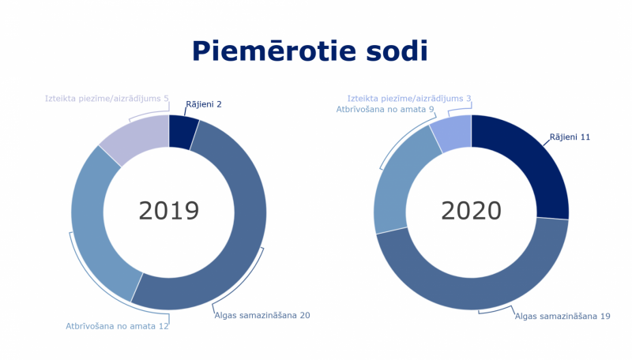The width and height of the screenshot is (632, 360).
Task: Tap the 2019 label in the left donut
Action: pos(168,211)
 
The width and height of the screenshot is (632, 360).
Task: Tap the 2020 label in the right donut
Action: pos(471,211)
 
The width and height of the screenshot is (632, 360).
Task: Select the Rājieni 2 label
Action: pos(204,104)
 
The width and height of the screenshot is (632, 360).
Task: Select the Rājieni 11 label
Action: pos(570,137)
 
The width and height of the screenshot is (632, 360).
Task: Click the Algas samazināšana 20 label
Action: pos(261,315)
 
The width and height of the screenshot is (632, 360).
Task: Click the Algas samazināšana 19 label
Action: pos(562,316)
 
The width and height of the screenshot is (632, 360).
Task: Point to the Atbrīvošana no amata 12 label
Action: pos(117,325)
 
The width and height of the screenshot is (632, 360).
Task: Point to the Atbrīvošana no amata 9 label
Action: pos(385,110)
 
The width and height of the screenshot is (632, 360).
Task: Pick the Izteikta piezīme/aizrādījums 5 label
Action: pos(107,99)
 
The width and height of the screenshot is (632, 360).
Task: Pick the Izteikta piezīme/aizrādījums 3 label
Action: pos(409,99)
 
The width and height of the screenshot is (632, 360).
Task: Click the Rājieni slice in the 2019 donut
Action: pos(182,130)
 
